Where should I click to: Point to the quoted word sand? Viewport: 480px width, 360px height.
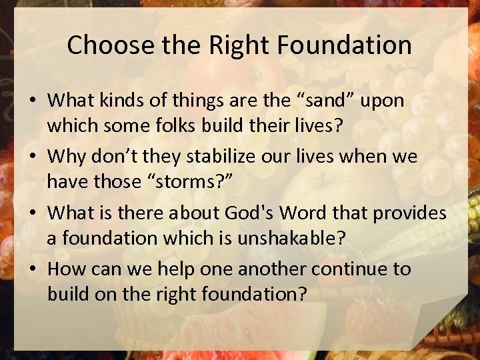coord(332,100)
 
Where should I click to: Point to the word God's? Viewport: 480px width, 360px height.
coord(256,213)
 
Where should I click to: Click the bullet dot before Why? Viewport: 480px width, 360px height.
coord(32,157)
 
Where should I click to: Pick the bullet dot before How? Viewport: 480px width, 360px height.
coord(32,269)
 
